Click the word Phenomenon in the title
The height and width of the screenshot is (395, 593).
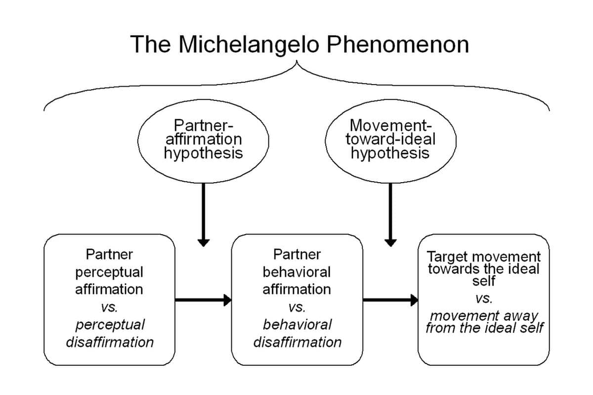[398, 44]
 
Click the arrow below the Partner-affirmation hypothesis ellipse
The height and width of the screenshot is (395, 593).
[203, 213]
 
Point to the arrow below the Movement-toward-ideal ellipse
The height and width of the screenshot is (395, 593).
[390, 213]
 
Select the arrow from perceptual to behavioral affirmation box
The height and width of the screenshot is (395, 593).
[203, 299]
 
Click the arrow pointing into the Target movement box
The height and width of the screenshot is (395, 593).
[390, 299]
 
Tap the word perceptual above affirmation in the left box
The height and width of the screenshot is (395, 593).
[109, 272]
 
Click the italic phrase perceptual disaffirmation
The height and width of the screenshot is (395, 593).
[109, 333]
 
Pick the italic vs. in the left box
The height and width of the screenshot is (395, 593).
[109, 307]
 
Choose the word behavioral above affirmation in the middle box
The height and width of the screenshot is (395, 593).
[296, 272]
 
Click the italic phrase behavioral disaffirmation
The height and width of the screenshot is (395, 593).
[296, 333]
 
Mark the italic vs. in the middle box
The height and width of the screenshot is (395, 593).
[296, 307]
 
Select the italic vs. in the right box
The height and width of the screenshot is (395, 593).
[484, 298]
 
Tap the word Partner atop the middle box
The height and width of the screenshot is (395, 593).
[296, 254]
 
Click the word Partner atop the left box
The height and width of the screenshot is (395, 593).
[109, 254]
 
